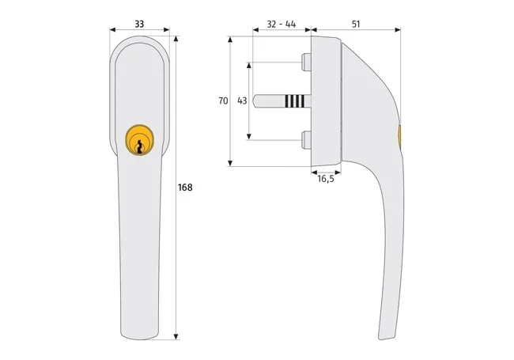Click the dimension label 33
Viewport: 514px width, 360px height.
139,24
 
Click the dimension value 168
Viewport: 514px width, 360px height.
185,188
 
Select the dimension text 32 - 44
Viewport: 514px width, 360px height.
282,24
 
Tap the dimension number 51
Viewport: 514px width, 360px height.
356,24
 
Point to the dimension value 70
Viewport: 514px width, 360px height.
223,101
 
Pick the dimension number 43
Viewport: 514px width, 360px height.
242,101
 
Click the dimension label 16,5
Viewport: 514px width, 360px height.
325,180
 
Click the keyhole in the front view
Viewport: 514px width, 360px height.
140,145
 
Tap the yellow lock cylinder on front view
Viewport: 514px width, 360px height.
140,139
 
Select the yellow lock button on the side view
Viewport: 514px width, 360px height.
399,136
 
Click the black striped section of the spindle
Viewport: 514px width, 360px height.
293,101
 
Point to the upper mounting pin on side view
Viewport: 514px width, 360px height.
306,61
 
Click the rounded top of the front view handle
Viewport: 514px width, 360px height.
140,41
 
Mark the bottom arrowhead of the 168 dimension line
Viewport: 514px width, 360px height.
176,337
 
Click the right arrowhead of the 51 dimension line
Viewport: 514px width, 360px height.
399,32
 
